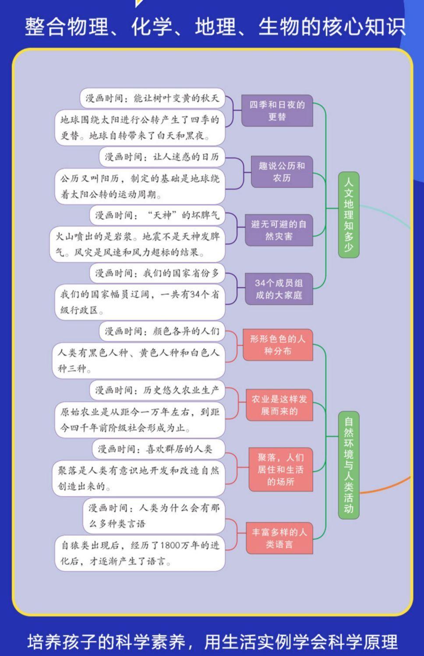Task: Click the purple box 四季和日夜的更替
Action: click(x=277, y=111)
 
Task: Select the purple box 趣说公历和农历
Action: click(x=282, y=172)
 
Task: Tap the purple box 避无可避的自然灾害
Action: click(x=279, y=230)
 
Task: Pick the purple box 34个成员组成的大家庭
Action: click(x=279, y=289)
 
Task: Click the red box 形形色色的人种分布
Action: click(x=278, y=345)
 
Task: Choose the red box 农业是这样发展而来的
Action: click(x=279, y=405)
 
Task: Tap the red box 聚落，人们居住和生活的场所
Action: click(x=280, y=469)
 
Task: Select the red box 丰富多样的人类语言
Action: click(x=279, y=538)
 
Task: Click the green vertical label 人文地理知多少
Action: click(x=349, y=215)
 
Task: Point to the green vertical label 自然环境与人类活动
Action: click(x=349, y=465)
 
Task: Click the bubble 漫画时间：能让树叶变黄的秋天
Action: click(x=152, y=98)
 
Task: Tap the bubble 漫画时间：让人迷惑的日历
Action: click(x=162, y=157)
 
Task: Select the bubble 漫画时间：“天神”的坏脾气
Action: click(x=157, y=215)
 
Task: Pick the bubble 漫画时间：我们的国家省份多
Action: click(x=157, y=273)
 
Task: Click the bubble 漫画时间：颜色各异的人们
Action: click(x=162, y=331)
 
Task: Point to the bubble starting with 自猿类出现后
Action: click(x=140, y=553)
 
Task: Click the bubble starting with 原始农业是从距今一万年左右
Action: click(x=140, y=420)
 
